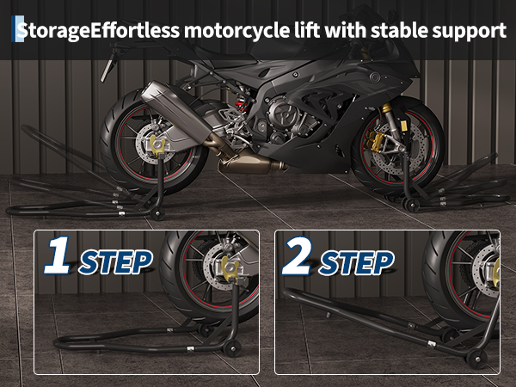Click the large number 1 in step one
tap(58, 255)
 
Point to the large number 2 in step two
tap(297, 255)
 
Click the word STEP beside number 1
tap(115, 262)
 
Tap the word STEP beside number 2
tap(356, 262)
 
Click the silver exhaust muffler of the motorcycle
tap(176, 112)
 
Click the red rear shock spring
tap(243, 106)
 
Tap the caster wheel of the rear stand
tap(157, 213)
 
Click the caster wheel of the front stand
tap(411, 205)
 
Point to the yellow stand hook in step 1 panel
tap(230, 267)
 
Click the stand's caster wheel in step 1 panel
tap(232, 348)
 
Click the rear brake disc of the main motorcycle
tap(155, 144)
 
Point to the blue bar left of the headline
tap(13, 29)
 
